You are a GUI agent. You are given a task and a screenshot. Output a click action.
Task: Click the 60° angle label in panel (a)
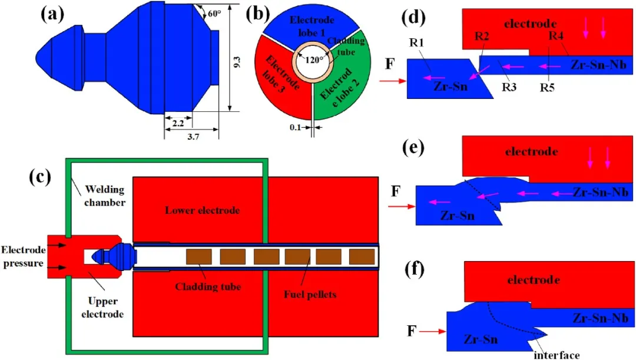(x=213, y=12)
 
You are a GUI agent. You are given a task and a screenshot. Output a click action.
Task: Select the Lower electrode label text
(x=194, y=210)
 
